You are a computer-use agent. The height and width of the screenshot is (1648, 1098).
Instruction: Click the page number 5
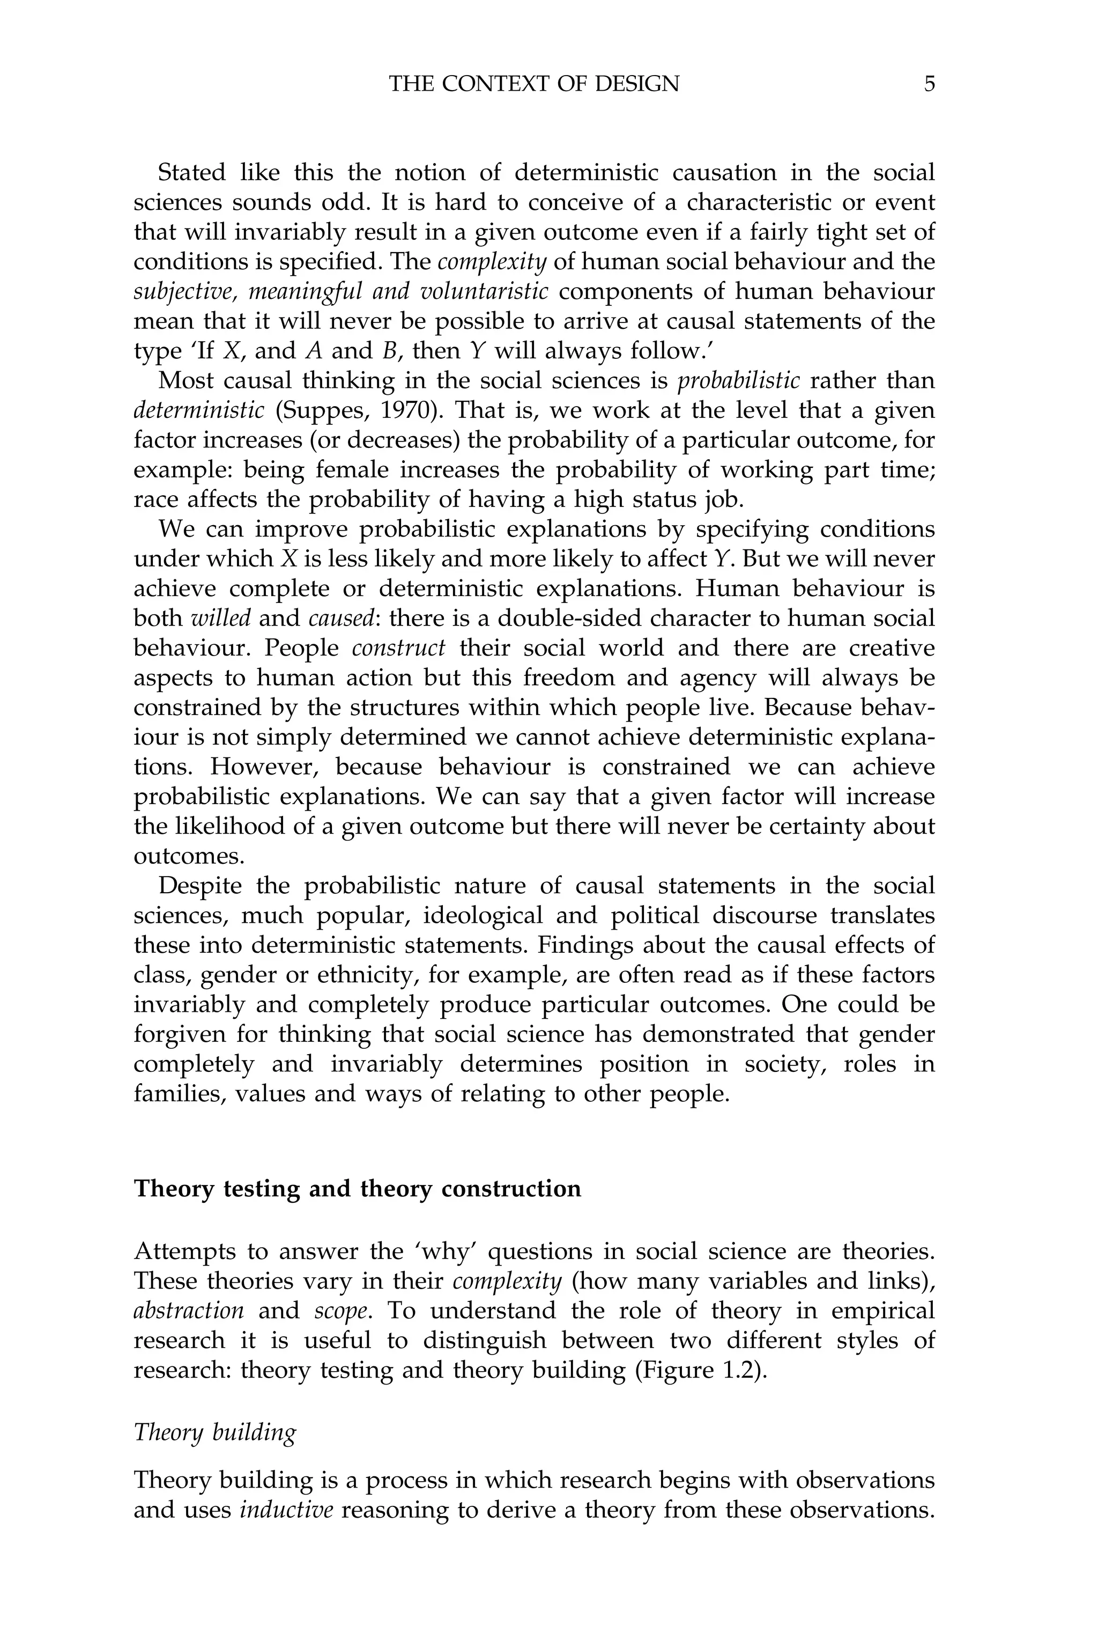(929, 84)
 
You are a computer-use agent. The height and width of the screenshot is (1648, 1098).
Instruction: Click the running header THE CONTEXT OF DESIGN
(533, 84)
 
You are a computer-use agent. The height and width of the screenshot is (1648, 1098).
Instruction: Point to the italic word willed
(220, 618)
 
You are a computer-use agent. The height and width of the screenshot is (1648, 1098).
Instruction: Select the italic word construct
(398, 648)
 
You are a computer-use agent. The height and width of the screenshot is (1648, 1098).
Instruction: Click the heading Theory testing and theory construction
(357, 1189)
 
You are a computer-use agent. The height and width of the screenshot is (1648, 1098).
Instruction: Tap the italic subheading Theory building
(215, 1433)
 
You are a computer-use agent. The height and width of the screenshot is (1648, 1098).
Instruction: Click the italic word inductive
(286, 1510)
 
